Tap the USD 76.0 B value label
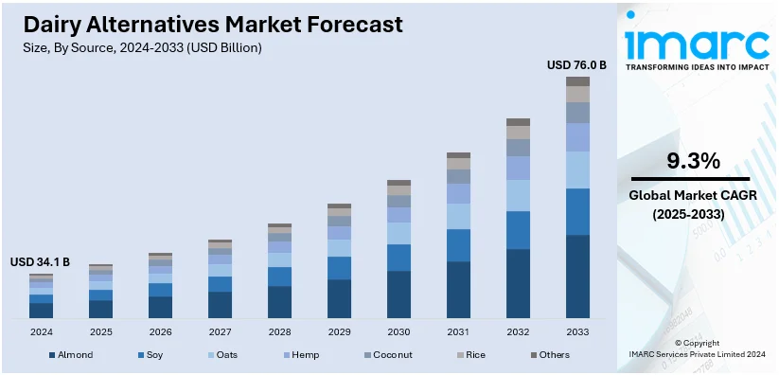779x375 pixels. click(576, 65)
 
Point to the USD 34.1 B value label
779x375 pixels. click(41, 262)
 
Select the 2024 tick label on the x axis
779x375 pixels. click(42, 332)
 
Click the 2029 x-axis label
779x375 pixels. click(339, 332)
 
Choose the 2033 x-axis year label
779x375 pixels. click(577, 332)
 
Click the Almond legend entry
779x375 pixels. click(73, 355)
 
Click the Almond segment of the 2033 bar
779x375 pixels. click(577, 277)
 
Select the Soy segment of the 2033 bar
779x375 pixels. click(577, 211)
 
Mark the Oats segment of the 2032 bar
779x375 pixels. click(518, 195)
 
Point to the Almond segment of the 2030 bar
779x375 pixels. click(398, 295)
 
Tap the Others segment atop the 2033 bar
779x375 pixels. click(577, 81)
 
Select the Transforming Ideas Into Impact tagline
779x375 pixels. click(698, 67)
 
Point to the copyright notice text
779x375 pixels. click(698, 348)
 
